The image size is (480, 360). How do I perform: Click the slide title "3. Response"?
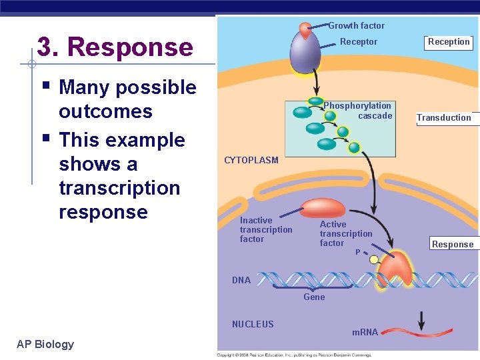coord(115,47)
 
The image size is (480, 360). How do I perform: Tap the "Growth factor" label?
coord(356,26)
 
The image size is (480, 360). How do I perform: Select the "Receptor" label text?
coord(358,42)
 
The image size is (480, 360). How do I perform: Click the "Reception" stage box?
coord(449,42)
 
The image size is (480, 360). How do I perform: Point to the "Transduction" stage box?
coord(444,118)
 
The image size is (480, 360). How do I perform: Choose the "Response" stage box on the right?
coord(452,244)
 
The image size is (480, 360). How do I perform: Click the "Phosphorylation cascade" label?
coord(359,111)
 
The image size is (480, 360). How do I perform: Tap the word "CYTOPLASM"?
coord(251,161)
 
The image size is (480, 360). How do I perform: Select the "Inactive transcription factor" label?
coord(265,229)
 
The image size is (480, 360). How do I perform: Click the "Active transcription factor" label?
coord(345,233)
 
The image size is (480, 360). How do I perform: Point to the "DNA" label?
coord(241,280)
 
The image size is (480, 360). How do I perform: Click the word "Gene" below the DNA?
coord(314,297)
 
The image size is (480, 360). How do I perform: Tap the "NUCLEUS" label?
coord(253,324)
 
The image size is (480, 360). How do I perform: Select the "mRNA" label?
coord(364,332)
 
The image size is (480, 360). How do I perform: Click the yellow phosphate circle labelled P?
coord(374,259)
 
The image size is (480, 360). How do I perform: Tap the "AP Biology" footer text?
coord(45,344)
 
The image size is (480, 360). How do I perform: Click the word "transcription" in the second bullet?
coord(119,188)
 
